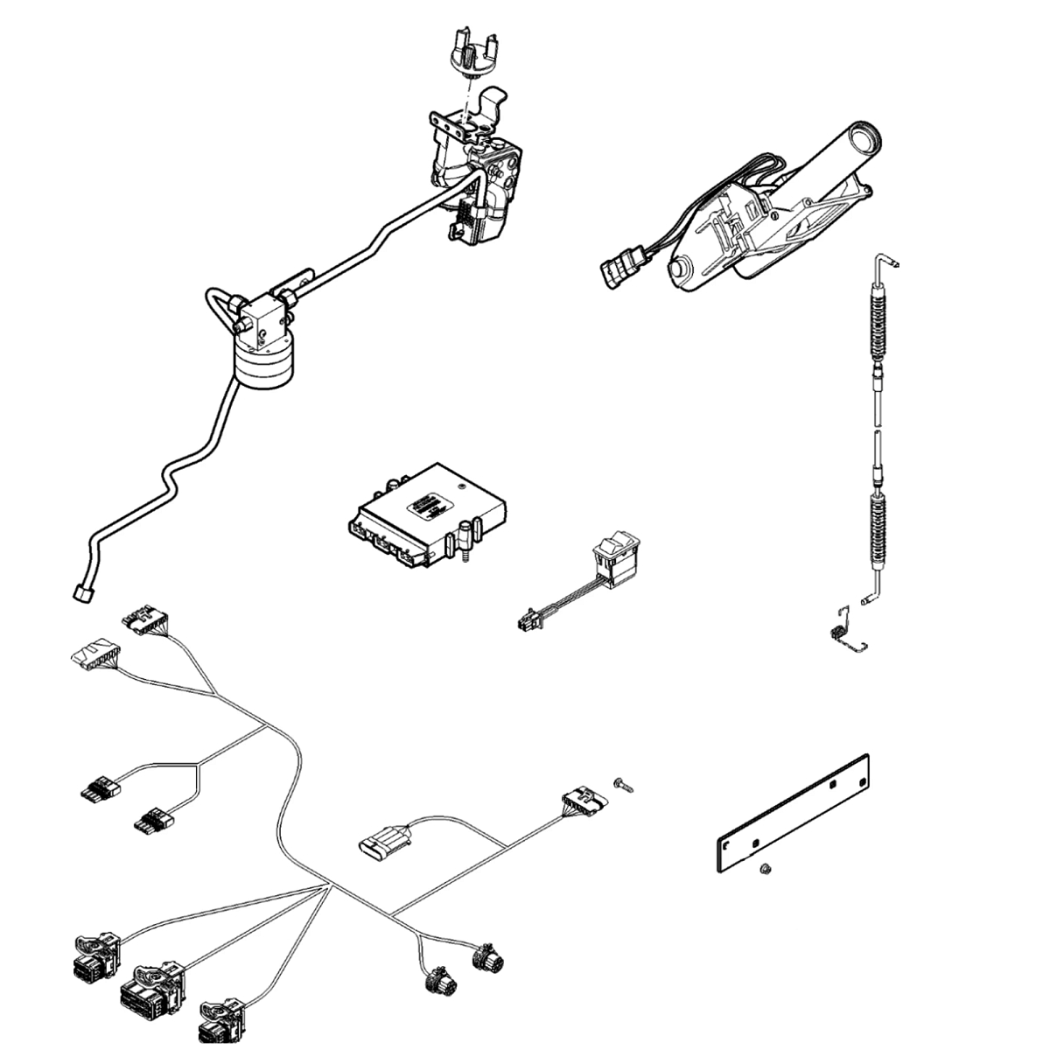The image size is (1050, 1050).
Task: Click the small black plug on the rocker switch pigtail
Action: click(528, 621)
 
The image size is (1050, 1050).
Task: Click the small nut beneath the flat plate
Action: click(764, 868)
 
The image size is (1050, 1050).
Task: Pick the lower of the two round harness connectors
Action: click(437, 980)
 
